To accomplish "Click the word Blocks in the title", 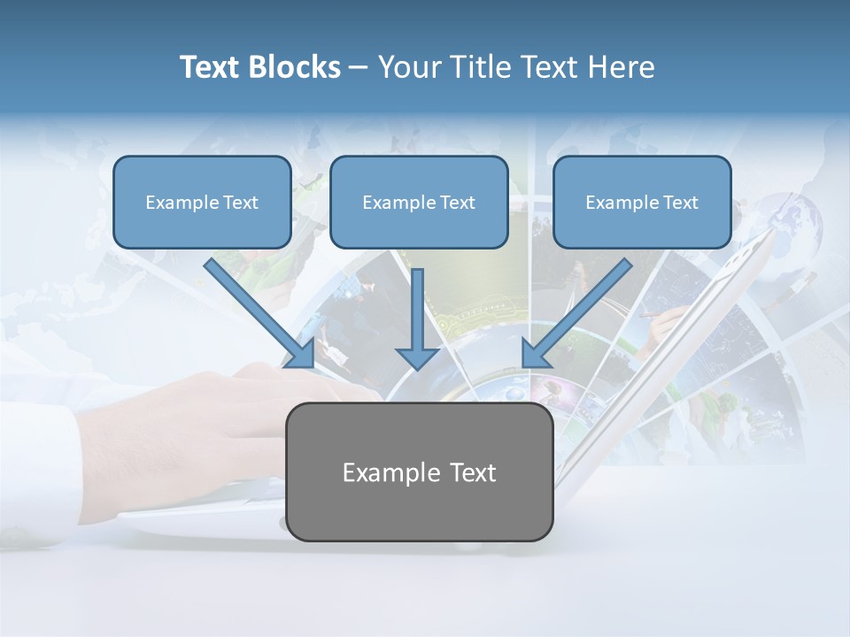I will (x=295, y=67).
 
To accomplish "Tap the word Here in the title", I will (x=621, y=67).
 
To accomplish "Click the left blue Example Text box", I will (x=202, y=202).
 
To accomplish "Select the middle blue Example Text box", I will (x=419, y=202).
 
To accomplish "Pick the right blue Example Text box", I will (x=642, y=202).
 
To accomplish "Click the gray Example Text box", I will (x=419, y=472).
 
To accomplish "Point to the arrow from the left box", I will (x=257, y=310).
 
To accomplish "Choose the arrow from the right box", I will (x=580, y=310).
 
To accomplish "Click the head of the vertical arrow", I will (x=417, y=357).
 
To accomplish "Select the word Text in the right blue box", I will (x=680, y=202).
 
